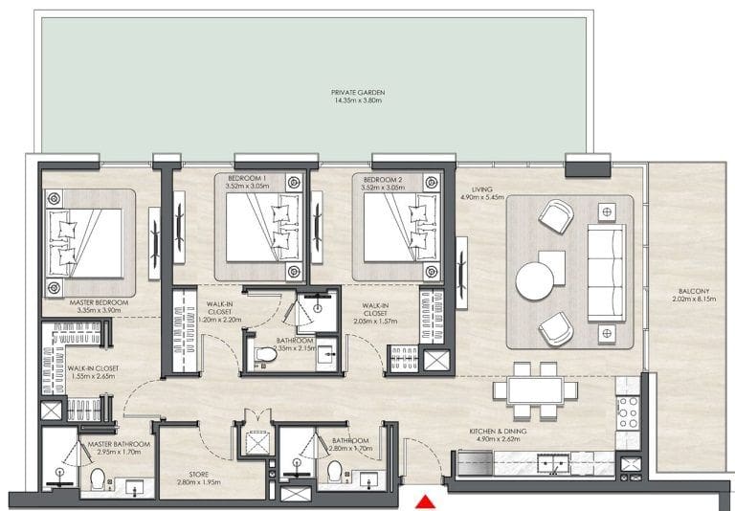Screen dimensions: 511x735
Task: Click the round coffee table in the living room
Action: (x=534, y=281)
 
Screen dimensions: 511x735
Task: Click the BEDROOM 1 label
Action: (x=247, y=179)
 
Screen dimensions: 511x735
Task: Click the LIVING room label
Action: (x=474, y=189)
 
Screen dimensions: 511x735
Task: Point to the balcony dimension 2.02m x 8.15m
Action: (x=692, y=300)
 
